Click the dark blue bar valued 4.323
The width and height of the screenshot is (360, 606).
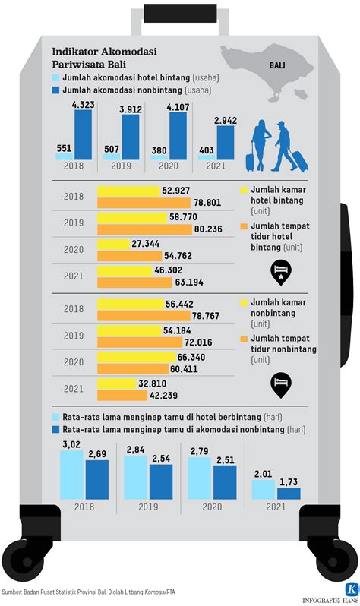click(82, 135)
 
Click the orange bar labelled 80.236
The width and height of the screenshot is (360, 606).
click(142, 229)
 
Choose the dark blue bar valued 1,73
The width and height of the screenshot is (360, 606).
click(289, 493)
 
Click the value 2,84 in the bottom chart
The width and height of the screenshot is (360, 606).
click(135, 450)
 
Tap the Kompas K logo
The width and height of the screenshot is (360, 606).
click(349, 589)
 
